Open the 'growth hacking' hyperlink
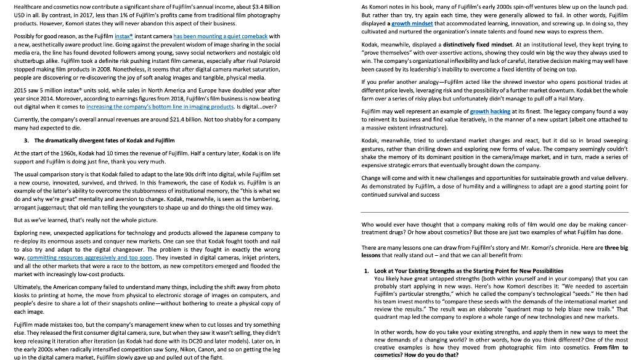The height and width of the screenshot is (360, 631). coord(490,112)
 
